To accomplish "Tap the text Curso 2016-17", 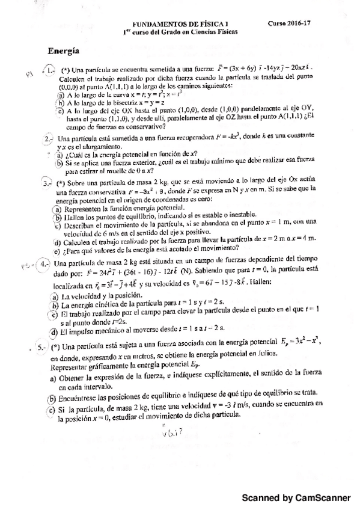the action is tap(288, 22).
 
